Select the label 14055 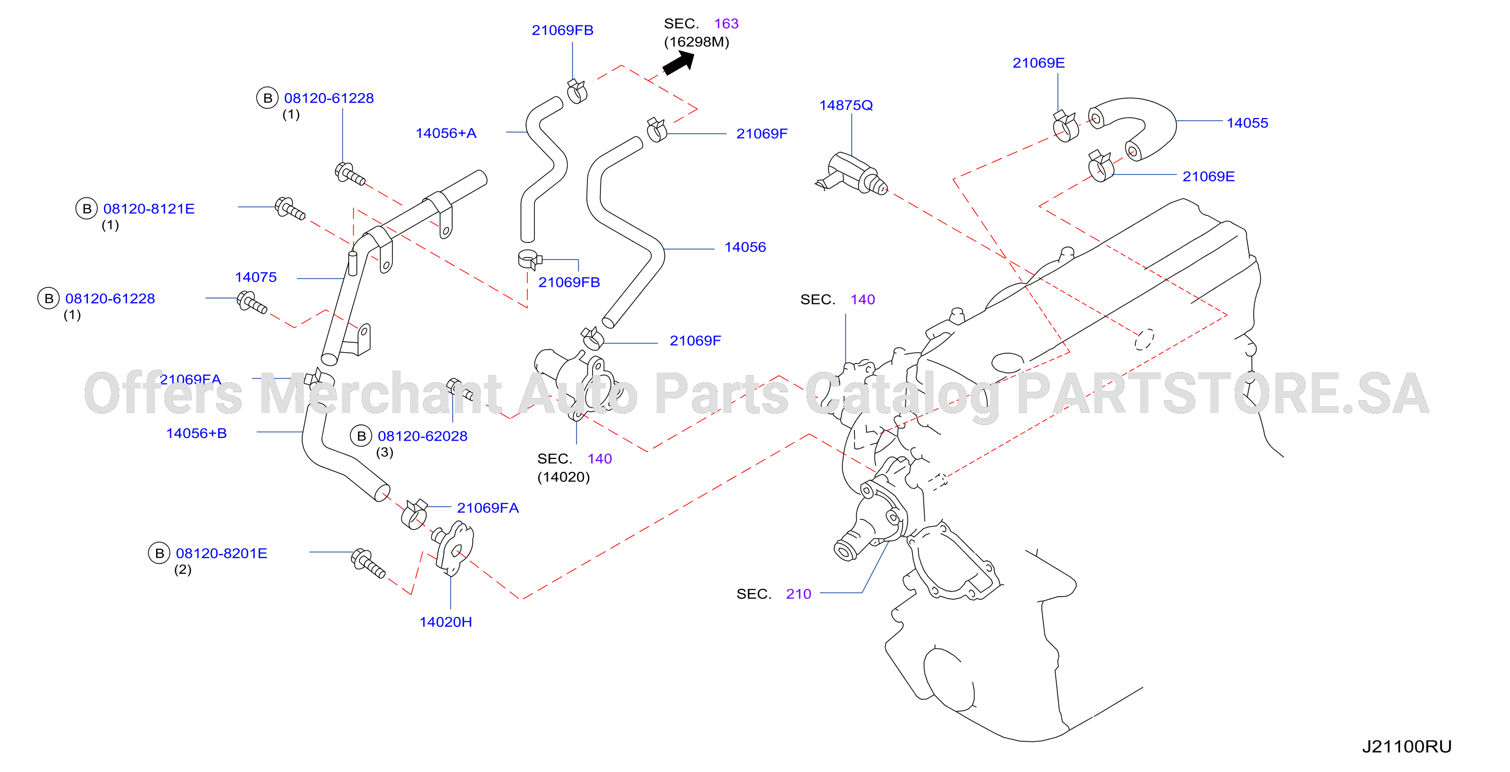(1247, 123)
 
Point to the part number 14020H (445, 622)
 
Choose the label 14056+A (445, 133)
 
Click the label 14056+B (196, 433)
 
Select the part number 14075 (255, 277)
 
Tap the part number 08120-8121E (148, 209)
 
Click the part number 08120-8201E (221, 554)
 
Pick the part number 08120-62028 (422, 436)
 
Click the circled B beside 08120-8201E (159, 554)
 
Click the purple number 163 (726, 23)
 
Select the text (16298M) (696, 42)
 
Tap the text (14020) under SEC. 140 (564, 477)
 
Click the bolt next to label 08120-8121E (290, 209)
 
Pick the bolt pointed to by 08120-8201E (367, 563)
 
